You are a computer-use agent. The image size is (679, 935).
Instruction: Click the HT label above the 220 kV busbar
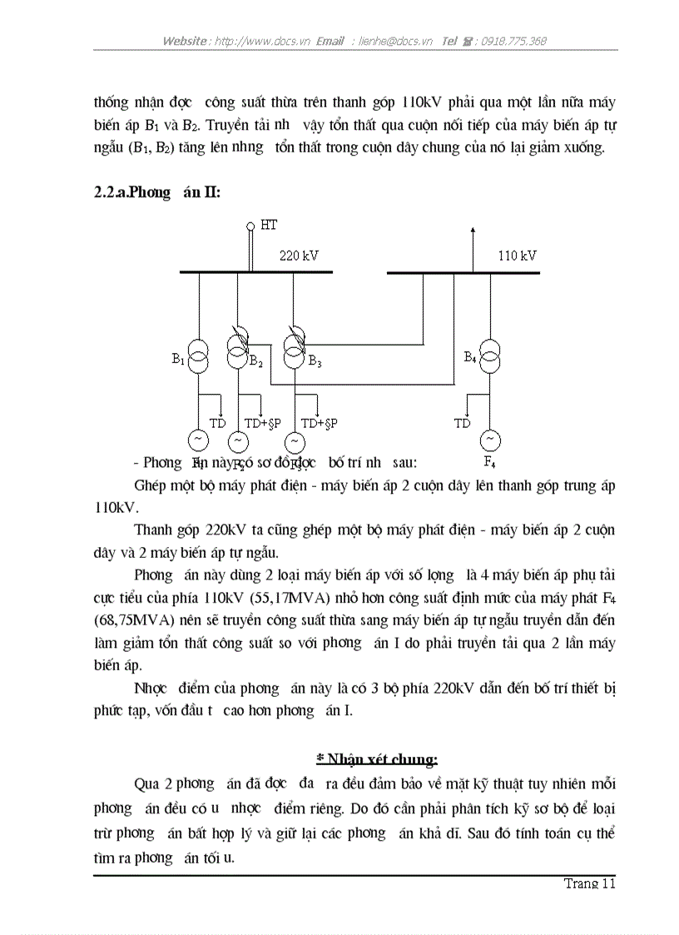268,225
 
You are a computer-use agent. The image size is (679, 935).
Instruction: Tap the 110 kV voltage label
517,256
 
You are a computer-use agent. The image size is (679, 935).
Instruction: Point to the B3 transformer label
315,361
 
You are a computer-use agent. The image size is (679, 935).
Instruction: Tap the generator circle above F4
491,439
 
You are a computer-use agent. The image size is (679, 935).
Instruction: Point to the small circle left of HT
250,226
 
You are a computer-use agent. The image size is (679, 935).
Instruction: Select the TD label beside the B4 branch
462,423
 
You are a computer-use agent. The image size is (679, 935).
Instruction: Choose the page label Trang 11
589,883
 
